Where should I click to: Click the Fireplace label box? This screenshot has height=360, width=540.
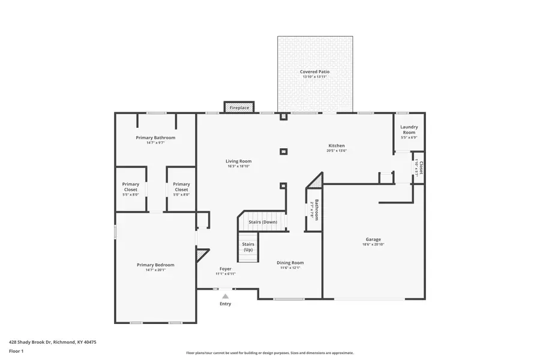(x=239, y=107)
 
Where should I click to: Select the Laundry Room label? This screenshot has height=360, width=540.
(x=409, y=130)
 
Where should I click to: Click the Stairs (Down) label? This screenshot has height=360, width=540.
(x=263, y=222)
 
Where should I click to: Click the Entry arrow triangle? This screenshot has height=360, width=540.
(x=225, y=296)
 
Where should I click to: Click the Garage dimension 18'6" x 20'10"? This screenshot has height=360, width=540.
(x=373, y=244)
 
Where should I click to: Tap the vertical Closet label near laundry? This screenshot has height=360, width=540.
(x=421, y=167)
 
